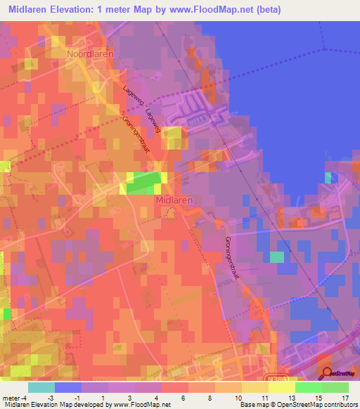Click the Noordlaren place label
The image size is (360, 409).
(89, 53)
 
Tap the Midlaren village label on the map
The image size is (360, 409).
(174, 200)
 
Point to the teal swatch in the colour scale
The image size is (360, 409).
(41, 387)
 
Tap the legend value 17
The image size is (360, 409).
(345, 398)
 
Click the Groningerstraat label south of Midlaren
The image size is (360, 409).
(232, 256)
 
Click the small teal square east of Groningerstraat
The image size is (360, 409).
(277, 257)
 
